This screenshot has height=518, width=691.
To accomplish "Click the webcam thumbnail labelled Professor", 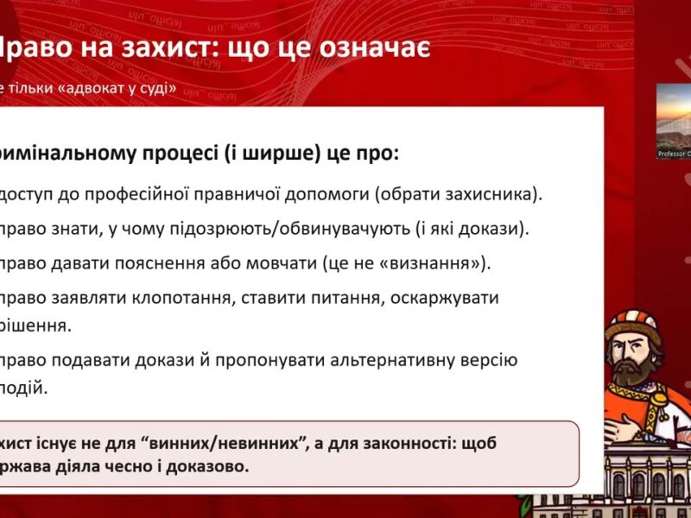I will tap(674, 121).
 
